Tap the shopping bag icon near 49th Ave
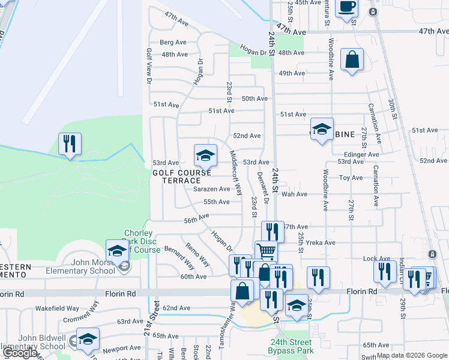click(x=352, y=60)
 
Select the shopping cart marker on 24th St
click(x=266, y=251)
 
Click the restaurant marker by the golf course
click(x=70, y=144)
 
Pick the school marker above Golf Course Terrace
click(x=205, y=155)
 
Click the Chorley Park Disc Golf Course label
click(x=142, y=241)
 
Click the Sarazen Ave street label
click(x=212, y=189)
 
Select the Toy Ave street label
click(x=351, y=178)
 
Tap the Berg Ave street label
click(x=173, y=43)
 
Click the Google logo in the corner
click(x=20, y=353)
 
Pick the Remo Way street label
click(x=197, y=254)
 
